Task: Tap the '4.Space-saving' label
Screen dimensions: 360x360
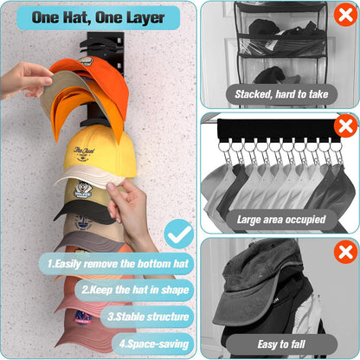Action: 153,344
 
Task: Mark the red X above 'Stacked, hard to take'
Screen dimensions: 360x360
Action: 344,14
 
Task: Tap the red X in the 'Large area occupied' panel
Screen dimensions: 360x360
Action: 344,127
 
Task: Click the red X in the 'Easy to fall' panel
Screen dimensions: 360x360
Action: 344,254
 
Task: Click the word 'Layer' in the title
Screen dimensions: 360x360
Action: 145,17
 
